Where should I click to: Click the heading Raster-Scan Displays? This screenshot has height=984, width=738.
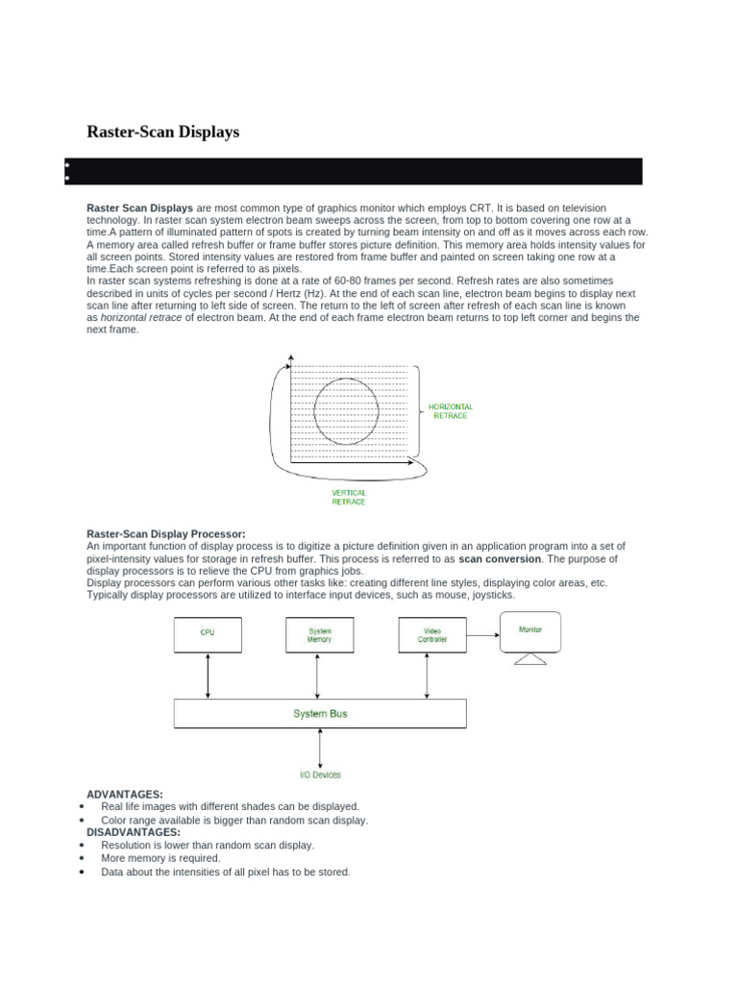pos(162,132)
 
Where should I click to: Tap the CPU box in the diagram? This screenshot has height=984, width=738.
pos(208,634)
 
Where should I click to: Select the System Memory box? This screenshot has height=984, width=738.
pos(320,634)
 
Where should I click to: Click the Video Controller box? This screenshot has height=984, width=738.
pos(432,634)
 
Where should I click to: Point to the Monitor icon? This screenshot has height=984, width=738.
pos(529,634)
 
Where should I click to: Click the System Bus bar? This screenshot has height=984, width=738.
pos(320,714)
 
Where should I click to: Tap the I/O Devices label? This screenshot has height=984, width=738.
pos(320,775)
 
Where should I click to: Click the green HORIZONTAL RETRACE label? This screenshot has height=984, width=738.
pos(450,411)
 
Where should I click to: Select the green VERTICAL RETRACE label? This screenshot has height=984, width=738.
pos(349,497)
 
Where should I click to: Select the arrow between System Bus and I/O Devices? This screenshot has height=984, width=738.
pos(320,747)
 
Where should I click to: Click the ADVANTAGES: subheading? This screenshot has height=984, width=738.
pos(125,795)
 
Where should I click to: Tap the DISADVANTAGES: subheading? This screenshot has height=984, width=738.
pos(134,832)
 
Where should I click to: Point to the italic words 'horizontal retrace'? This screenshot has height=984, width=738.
pos(141,318)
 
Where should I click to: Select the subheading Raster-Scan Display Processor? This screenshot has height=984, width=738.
pos(166,533)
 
